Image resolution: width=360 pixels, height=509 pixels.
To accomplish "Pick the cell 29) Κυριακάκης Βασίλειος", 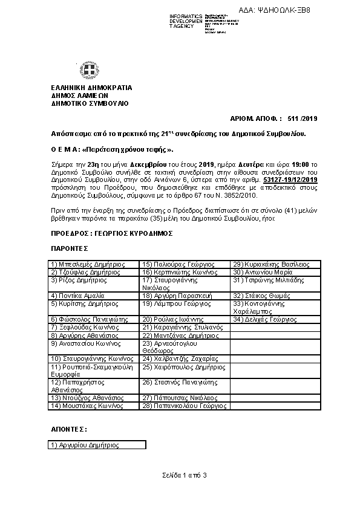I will pos(271,264).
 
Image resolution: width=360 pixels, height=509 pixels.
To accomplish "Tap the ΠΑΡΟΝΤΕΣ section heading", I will pos(69,248).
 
